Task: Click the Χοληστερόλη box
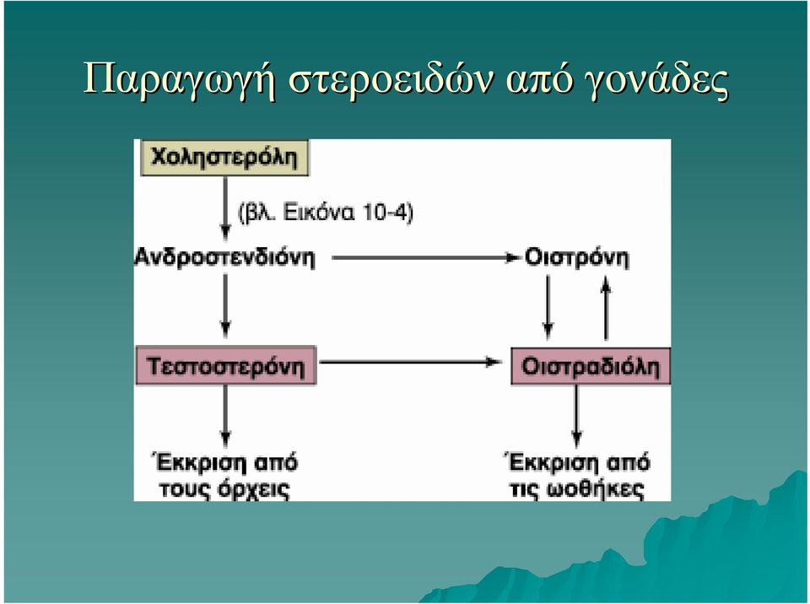pos(224,158)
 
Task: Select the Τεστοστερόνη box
pos(226,366)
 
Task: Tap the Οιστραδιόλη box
pos(591,366)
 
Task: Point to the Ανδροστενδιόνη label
pos(224,257)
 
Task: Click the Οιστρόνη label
pos(576,257)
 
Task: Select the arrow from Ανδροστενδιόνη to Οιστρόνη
pos(425,257)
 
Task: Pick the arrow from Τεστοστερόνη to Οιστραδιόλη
pos(411,362)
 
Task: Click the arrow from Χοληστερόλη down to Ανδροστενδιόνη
pos(225,208)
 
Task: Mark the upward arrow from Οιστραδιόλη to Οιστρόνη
pos(607,309)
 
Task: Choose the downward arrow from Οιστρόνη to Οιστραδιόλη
pos(548,307)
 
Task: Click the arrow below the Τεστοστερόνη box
pos(225,416)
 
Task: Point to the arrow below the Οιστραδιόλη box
pos(577,417)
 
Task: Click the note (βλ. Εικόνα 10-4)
pos(326,213)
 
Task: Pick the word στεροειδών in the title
pos(390,79)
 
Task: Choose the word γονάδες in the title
pos(656,81)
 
